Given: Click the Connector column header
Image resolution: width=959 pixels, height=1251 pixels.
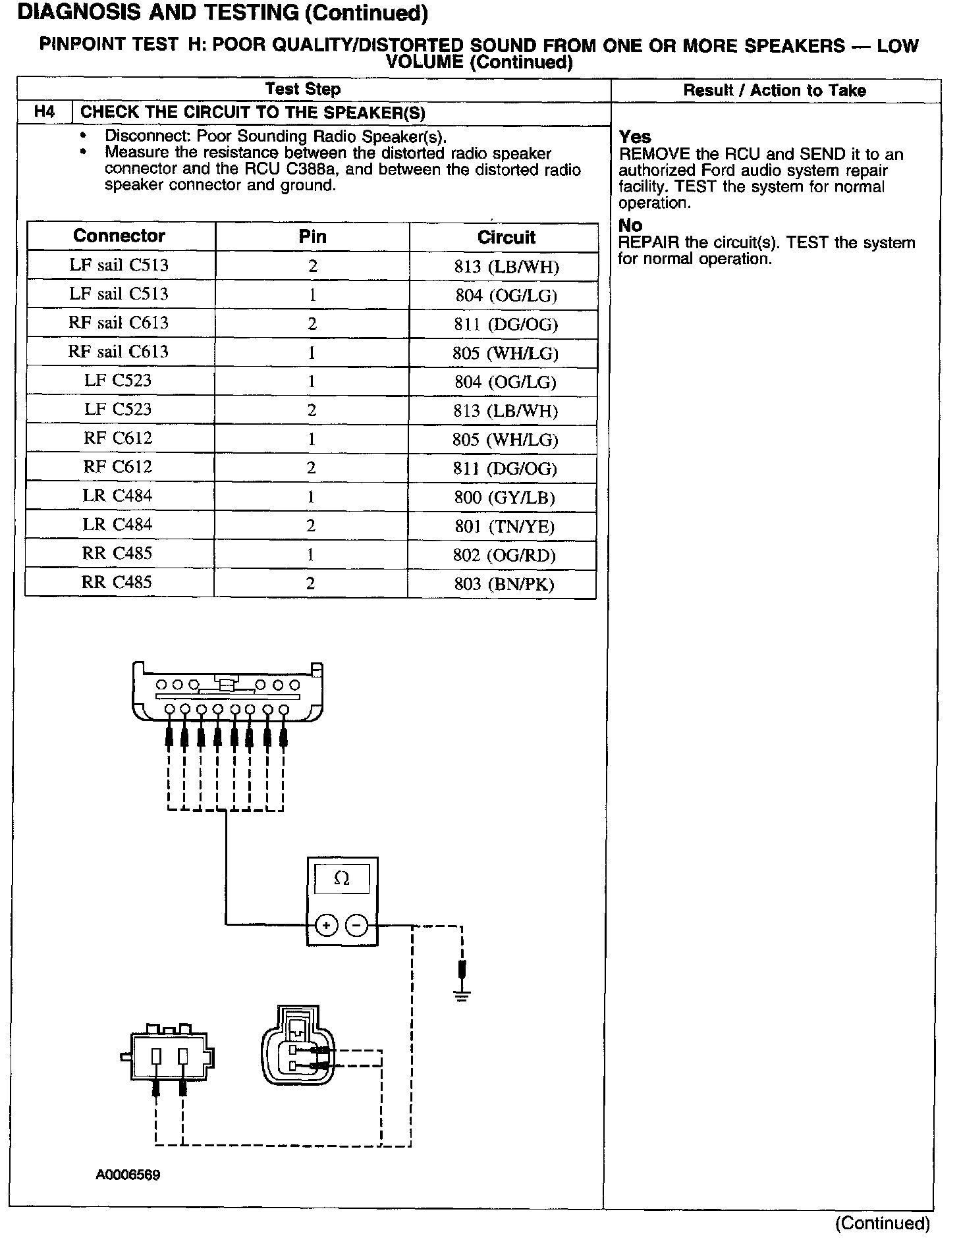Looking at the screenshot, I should point(119,236).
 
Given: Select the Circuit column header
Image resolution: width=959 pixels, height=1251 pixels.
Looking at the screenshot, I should point(506,237).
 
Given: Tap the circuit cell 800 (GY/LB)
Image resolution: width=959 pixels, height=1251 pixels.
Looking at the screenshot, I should point(505,497).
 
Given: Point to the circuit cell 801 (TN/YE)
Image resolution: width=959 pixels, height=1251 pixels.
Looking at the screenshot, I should point(505,526).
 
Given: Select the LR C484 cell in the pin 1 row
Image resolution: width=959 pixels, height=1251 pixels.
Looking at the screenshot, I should point(117,496).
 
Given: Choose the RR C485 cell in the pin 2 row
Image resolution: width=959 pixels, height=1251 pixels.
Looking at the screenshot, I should point(117,582).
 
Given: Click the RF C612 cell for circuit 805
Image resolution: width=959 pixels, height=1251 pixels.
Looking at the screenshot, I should point(118,438).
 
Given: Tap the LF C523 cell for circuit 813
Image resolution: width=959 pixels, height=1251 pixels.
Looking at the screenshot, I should point(118,409).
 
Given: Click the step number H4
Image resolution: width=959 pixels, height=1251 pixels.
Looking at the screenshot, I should point(44,112).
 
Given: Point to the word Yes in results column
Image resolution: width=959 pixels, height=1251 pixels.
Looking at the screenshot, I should point(635,137).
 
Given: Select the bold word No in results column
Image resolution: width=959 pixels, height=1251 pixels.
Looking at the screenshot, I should point(630,226).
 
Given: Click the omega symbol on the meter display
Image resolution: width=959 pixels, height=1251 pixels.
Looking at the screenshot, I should point(342,878).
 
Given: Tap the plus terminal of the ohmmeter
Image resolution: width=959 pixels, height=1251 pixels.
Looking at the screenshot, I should point(327,925).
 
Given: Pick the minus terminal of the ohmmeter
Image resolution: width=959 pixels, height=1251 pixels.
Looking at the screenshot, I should point(356,925).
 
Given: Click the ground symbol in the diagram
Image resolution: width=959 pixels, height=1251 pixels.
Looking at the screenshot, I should point(462,995).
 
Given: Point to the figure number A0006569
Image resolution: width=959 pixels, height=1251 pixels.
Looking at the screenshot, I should point(128,1175).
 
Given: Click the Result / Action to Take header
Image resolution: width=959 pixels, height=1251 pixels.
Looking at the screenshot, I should point(775,91).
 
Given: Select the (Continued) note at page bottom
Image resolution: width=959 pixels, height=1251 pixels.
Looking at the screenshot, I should point(882,1223).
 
